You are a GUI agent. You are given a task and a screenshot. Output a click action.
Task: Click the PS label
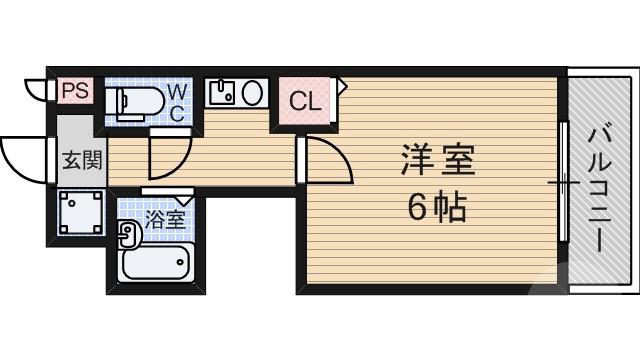click(75, 91)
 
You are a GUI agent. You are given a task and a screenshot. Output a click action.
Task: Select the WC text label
click(176, 101)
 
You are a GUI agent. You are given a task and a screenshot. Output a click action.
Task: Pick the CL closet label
click(305, 101)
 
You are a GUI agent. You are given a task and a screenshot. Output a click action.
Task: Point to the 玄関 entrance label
click(82, 159)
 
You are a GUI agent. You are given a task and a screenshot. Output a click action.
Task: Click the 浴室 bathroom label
click(165, 218)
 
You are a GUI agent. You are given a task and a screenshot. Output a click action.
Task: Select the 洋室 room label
click(437, 160)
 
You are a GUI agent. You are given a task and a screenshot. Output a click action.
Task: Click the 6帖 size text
click(437, 207)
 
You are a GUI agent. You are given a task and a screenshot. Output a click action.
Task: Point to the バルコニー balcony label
click(600, 185)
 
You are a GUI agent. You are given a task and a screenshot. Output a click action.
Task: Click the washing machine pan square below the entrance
click(81, 211)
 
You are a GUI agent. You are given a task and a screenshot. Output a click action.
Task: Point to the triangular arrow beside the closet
click(341, 88)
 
